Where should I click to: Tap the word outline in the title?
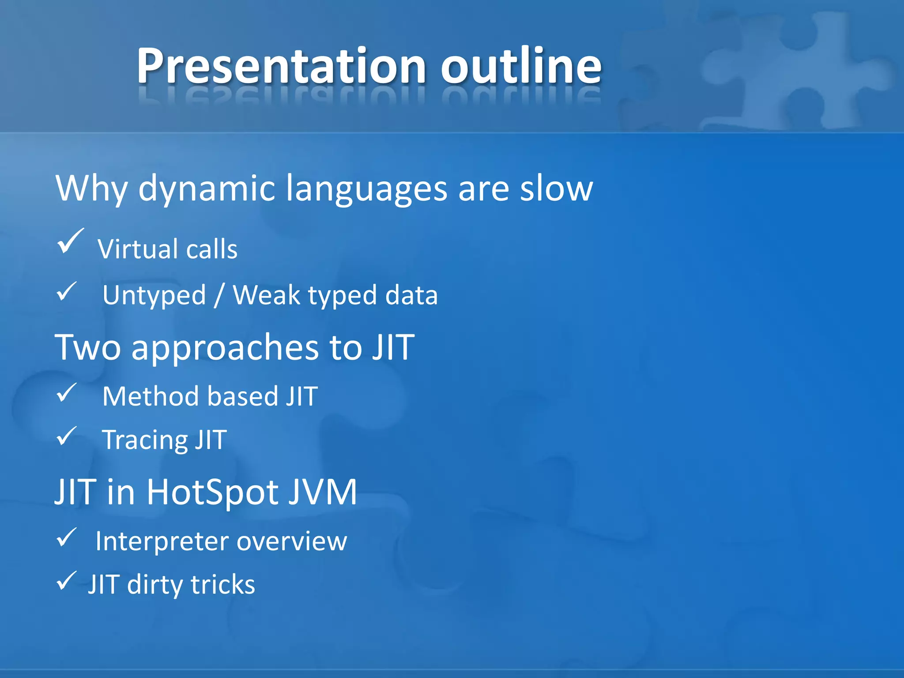coord(521,66)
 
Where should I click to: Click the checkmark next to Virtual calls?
coord(70,242)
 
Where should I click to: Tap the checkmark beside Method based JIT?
coord(67,393)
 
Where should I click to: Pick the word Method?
coord(150,396)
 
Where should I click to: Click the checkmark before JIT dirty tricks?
coord(67,581)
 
